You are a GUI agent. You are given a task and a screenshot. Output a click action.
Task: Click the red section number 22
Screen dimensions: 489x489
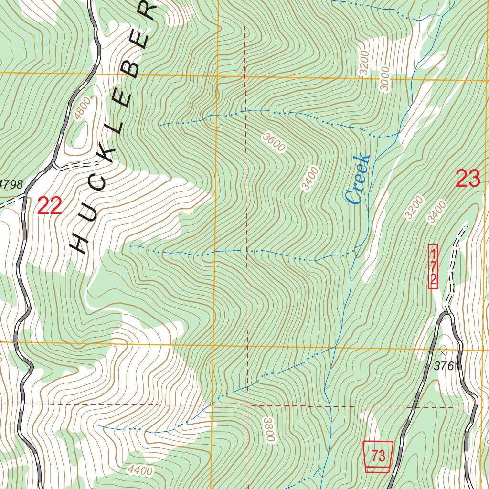pos(49,206)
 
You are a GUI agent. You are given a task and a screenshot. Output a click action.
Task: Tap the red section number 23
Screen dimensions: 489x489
pos(468,179)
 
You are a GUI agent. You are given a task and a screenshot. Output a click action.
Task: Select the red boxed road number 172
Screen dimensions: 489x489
pos(433,266)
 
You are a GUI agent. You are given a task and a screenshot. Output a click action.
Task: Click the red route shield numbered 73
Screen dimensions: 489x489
pos(378,456)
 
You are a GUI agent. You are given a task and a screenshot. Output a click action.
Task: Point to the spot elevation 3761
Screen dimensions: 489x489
pos(446,367)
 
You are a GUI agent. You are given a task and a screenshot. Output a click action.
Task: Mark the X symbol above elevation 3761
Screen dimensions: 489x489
pos(442,352)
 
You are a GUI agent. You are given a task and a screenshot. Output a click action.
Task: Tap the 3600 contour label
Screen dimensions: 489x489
pos(273,143)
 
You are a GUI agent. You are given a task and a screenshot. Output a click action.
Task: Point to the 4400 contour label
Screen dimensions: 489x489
pos(140,471)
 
